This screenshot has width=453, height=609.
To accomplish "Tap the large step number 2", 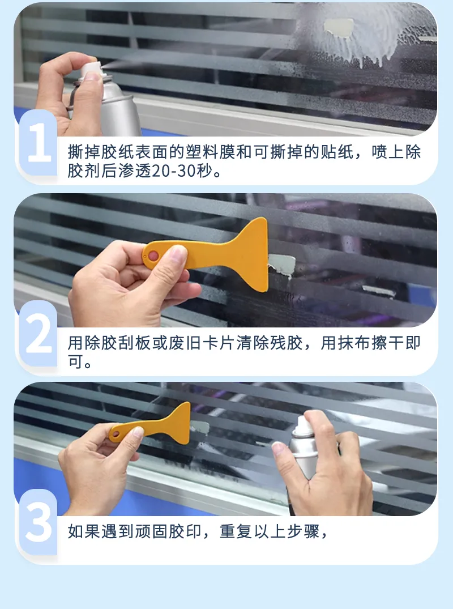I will [x=38, y=335].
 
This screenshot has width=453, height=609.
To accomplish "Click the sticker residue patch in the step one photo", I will [x=338, y=27].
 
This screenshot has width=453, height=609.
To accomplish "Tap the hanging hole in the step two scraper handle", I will [x=152, y=256].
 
